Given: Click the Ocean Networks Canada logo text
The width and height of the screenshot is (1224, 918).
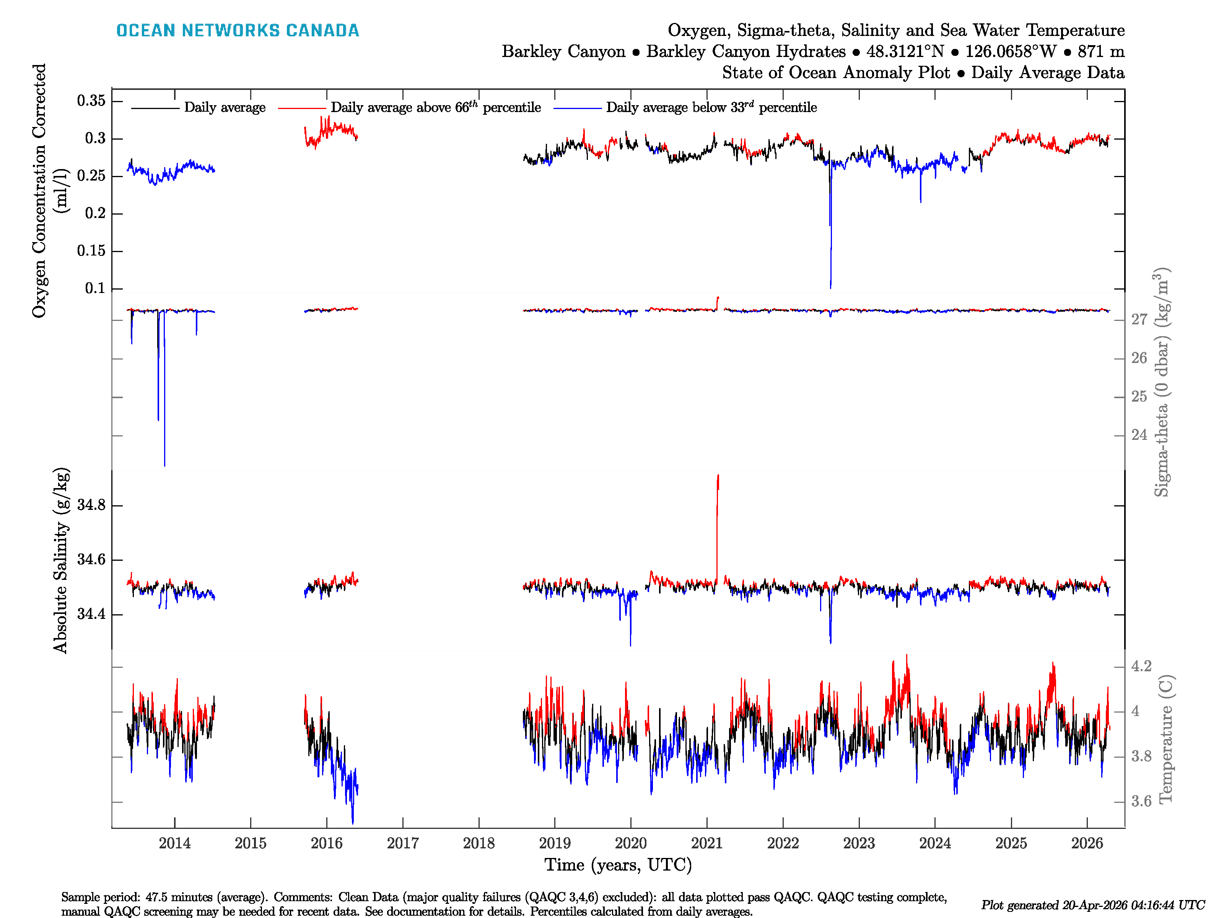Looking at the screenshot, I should tap(238, 31).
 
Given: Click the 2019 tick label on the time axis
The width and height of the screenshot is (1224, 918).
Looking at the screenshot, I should tap(555, 843).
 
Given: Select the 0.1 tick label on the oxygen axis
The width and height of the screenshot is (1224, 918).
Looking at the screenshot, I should tap(94, 288).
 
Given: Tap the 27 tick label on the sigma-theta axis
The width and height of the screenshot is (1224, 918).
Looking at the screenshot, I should tap(1139, 319).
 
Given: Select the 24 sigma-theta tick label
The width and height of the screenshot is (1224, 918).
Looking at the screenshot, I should tap(1139, 435).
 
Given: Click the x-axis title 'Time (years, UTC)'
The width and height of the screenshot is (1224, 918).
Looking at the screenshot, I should tap(618, 865).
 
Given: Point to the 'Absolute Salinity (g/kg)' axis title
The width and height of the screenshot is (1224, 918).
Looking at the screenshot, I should tap(61, 560).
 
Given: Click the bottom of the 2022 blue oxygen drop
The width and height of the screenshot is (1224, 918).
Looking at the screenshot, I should tap(830, 286).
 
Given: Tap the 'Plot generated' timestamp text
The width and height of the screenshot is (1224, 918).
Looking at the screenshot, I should tap(1092, 905).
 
